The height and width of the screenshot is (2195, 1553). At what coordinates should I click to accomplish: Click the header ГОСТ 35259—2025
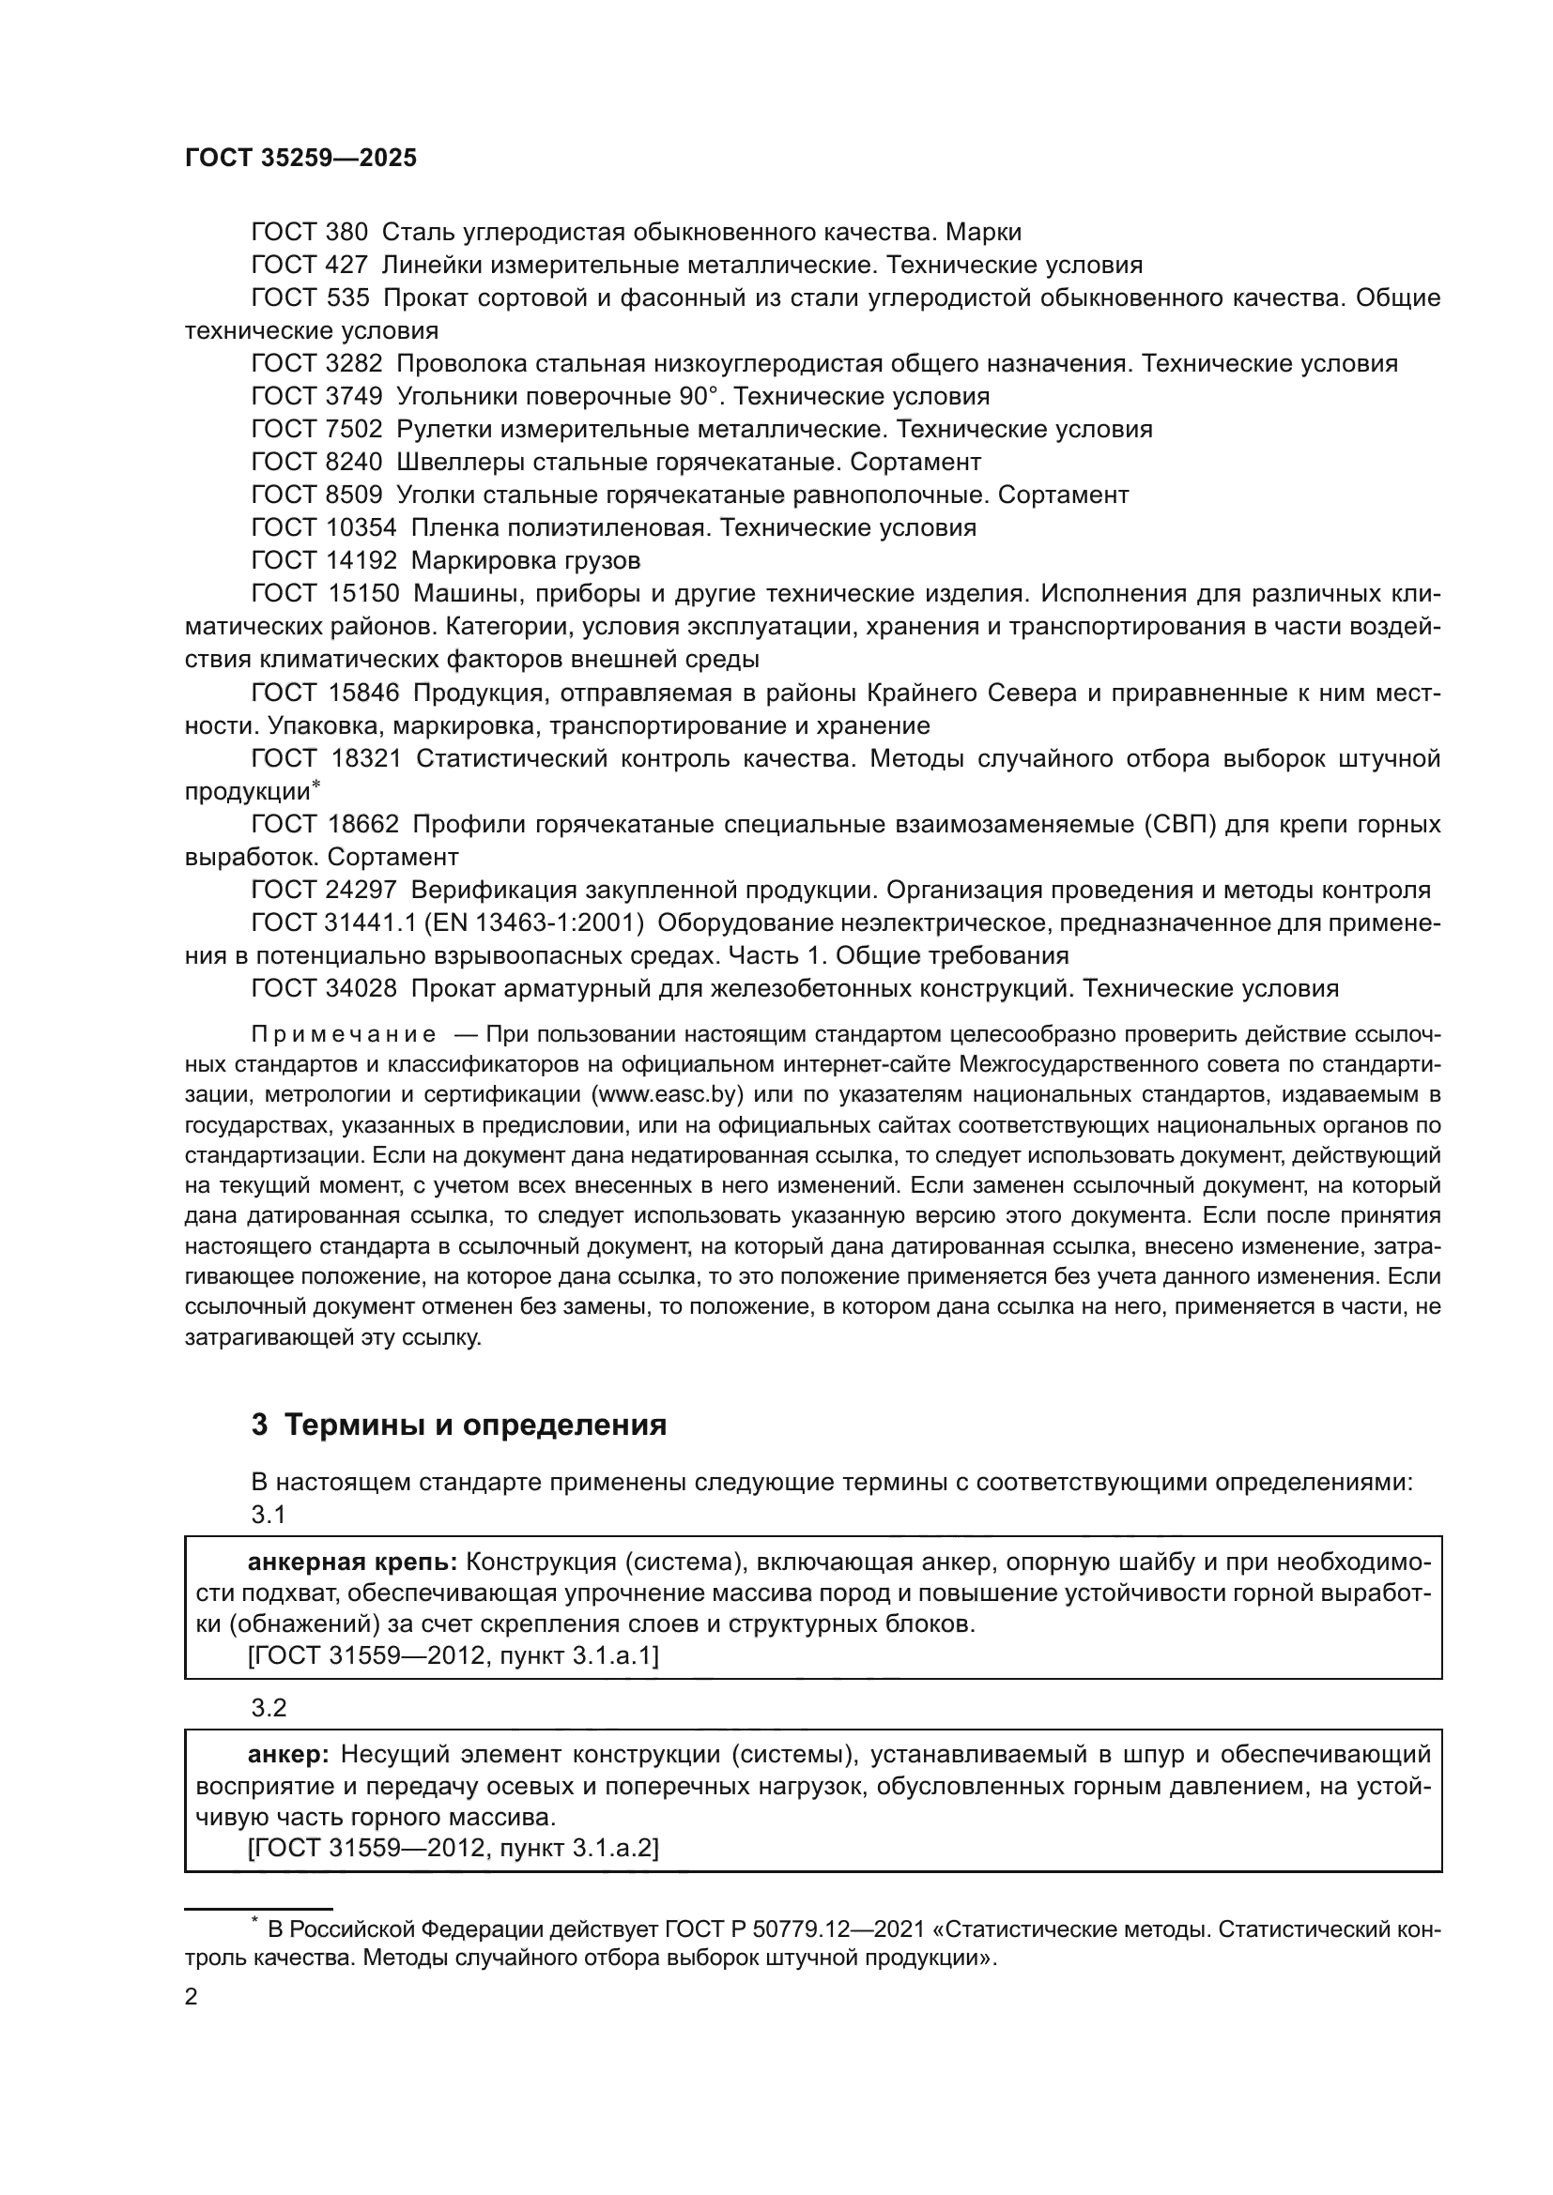click(x=300, y=159)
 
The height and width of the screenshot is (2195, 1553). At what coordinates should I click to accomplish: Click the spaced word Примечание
click(x=344, y=1034)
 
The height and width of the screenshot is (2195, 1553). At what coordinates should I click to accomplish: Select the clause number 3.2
click(x=269, y=1707)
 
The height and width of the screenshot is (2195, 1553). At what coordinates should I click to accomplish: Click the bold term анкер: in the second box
click(x=288, y=1754)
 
